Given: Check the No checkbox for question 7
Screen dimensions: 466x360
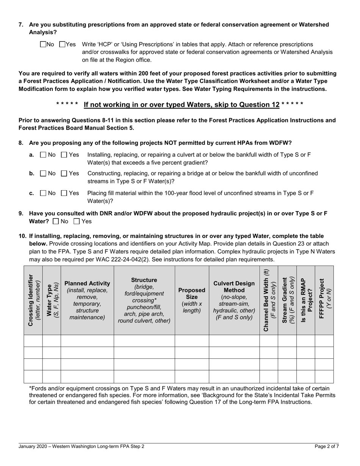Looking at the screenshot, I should click(x=42, y=45).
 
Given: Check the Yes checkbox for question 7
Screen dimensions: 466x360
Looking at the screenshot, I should click(x=63, y=45).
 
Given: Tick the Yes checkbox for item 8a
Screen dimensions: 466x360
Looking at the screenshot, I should click(x=64, y=155).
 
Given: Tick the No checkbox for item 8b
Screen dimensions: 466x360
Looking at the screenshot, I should click(x=43, y=173).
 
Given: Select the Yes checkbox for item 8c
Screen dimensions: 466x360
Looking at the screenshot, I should click(x=64, y=193).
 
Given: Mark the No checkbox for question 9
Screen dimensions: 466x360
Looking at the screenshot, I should click(x=56, y=221).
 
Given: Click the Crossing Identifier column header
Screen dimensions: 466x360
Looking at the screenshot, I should click(x=33, y=300).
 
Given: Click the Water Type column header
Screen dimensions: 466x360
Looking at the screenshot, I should click(x=52, y=300).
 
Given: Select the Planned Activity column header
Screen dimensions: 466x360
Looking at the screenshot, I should click(x=87, y=300).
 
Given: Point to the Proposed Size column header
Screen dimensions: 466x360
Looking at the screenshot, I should click(x=192, y=300).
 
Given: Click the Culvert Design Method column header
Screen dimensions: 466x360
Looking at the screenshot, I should click(x=234, y=300).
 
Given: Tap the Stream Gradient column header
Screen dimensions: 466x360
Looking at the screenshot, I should click(x=287, y=300).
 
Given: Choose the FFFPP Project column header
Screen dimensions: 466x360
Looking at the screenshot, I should click(x=324, y=300).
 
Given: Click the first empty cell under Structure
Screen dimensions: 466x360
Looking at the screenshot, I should click(x=144, y=341).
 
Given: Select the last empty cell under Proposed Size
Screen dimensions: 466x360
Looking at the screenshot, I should click(x=192, y=377).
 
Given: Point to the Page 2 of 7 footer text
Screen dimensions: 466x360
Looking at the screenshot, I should click(x=327, y=447).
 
